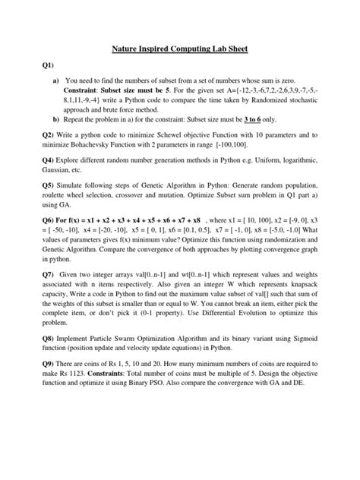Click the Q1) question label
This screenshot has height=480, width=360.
(x=49, y=65)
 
